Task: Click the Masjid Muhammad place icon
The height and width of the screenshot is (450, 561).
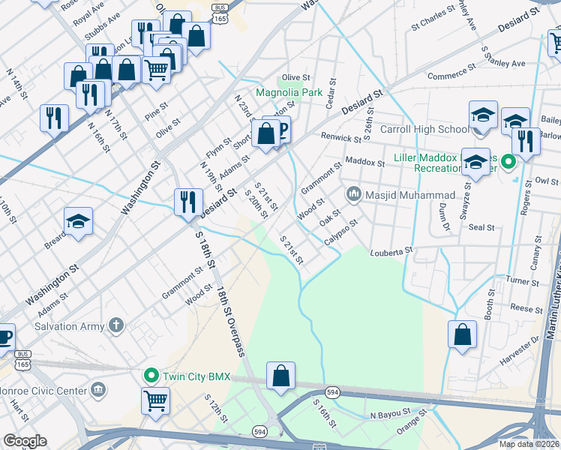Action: click(x=354, y=195)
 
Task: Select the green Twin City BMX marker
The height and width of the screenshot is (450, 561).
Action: click(x=151, y=375)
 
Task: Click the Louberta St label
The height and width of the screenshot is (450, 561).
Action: click(x=391, y=252)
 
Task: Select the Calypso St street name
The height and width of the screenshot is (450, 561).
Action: click(x=341, y=232)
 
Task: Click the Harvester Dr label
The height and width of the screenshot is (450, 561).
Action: click(x=524, y=340)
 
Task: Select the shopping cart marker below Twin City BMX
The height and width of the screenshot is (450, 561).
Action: click(x=155, y=400)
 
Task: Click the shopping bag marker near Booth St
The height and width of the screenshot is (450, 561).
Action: click(x=462, y=334)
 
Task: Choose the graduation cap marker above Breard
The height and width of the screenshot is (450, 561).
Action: click(x=78, y=221)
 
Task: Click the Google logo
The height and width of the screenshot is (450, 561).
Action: click(x=25, y=441)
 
